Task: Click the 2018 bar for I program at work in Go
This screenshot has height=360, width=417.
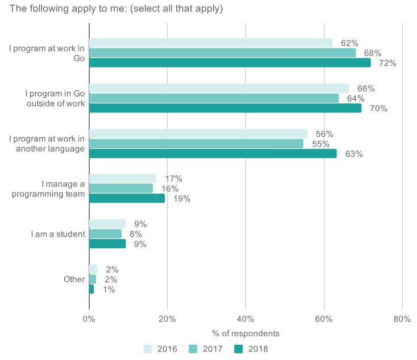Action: click(x=230, y=63)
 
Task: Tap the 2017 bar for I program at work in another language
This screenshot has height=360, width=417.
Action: click(x=196, y=144)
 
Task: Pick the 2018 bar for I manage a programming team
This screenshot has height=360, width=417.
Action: click(x=127, y=198)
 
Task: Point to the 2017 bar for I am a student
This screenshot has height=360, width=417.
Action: click(x=105, y=234)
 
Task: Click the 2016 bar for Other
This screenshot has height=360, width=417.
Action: click(x=93, y=269)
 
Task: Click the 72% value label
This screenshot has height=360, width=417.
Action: click(x=387, y=63)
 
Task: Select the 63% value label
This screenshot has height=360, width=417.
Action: click(x=353, y=154)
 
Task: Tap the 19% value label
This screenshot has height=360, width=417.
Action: click(x=182, y=199)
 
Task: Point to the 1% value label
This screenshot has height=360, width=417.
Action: click(x=109, y=290)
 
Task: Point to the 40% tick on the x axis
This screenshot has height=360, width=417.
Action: click(x=245, y=319)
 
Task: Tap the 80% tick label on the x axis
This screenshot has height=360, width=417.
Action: click(x=402, y=319)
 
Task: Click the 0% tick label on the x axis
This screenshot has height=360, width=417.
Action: click(x=89, y=319)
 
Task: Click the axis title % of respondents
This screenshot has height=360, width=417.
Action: click(x=245, y=333)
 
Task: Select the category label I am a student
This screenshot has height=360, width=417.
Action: click(x=57, y=234)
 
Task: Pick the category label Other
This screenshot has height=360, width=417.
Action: click(x=74, y=279)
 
